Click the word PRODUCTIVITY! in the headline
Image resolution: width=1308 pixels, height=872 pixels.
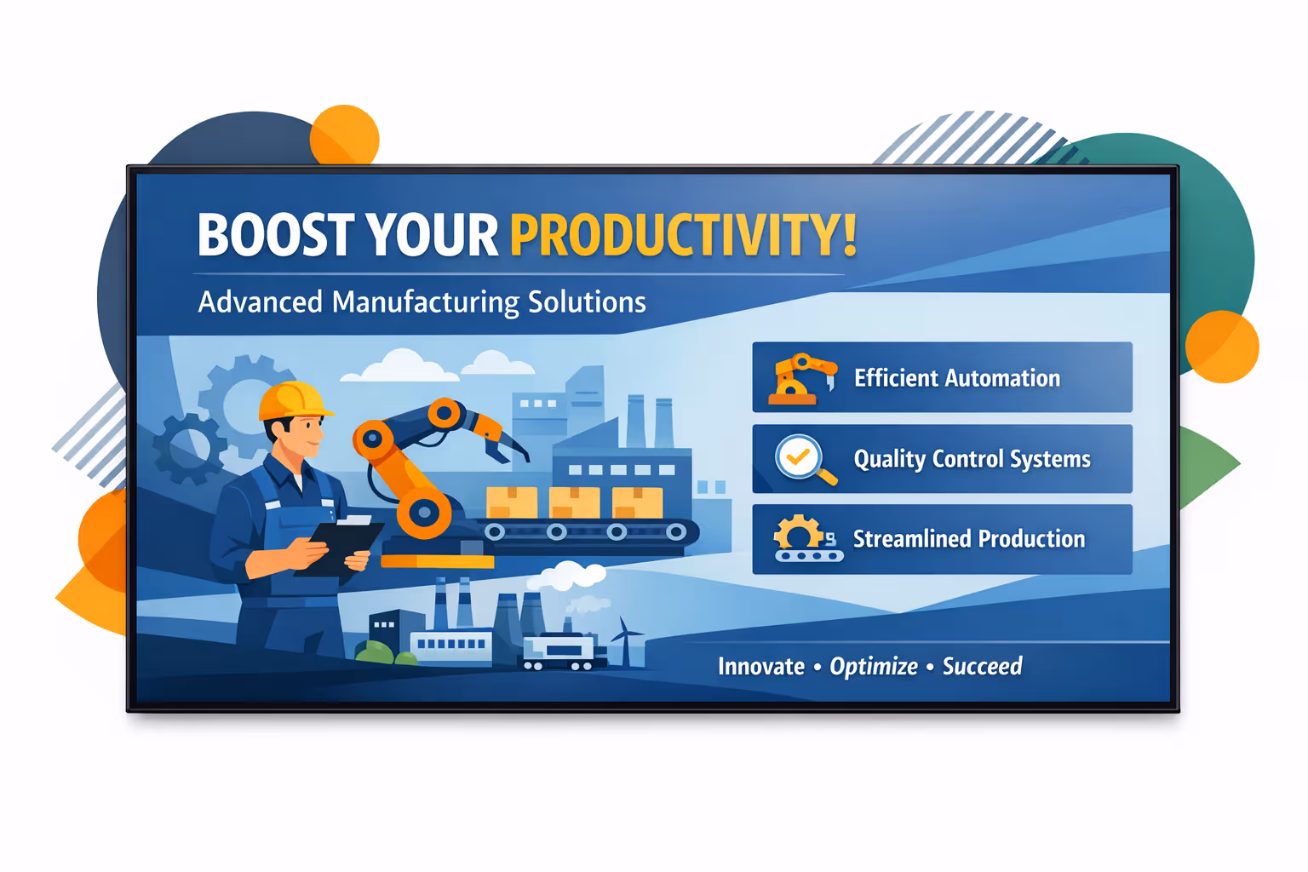pos(683,234)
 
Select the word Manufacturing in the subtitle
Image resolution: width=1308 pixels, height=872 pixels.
pos(426,303)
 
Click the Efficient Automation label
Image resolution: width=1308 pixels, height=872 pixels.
pos(957,378)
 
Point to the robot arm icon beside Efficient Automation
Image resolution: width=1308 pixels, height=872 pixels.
pos(802,378)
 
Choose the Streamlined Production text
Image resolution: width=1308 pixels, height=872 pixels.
pos(969,539)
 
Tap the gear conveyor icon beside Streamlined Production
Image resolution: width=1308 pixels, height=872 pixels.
pos(808,538)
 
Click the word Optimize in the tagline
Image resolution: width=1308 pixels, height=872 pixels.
pos(874,667)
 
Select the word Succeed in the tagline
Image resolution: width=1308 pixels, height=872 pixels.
pos(982,666)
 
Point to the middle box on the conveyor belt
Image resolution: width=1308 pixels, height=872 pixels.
pos(574,502)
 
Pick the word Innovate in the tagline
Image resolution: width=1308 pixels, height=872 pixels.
pos(760,667)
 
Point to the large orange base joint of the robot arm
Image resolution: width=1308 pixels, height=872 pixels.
pos(424,513)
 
